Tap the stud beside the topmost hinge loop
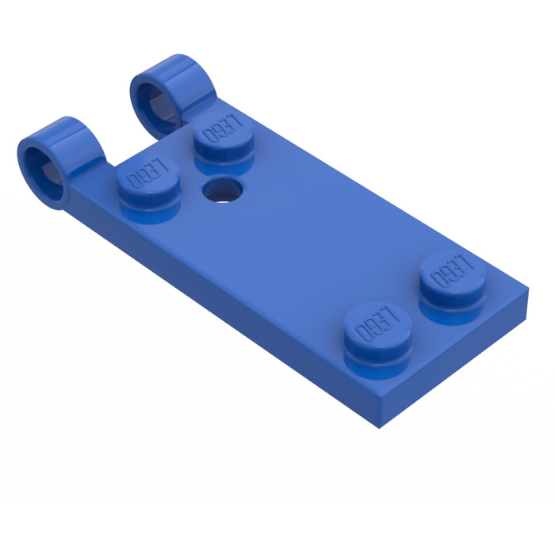[x=221, y=136]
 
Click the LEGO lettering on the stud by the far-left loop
[x=143, y=170]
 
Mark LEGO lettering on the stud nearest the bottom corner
[x=377, y=320]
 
